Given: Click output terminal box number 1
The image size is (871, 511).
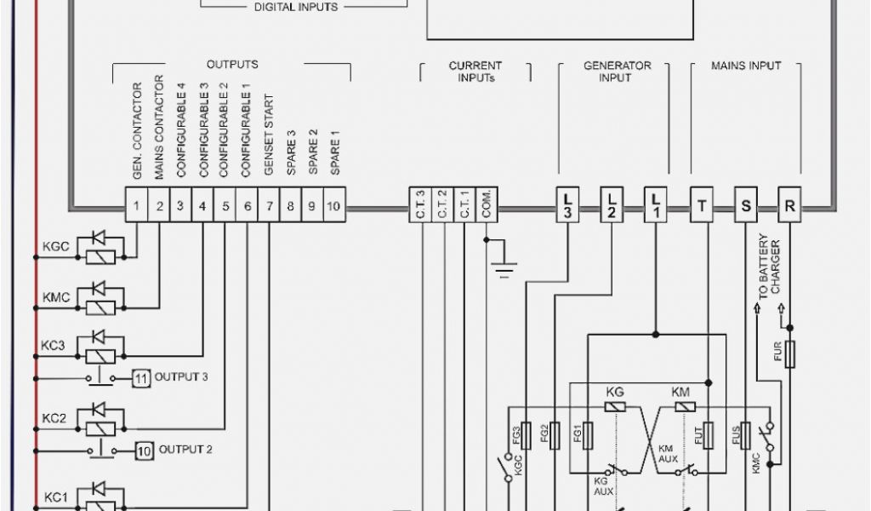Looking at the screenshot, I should (x=136, y=205).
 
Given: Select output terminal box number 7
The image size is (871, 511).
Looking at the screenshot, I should (x=269, y=205).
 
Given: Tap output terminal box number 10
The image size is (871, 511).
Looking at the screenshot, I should (x=334, y=205).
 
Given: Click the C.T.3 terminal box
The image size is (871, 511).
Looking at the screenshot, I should (x=421, y=204).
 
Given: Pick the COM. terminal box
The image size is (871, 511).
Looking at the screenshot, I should (x=486, y=204).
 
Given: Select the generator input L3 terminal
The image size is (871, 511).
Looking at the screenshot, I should (x=567, y=204).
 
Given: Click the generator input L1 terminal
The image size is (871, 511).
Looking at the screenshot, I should (x=656, y=204).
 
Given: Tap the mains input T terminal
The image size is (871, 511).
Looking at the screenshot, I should (x=702, y=204).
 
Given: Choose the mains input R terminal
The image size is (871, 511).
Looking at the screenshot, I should (x=790, y=204).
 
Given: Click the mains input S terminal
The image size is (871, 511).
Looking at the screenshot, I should (x=746, y=204).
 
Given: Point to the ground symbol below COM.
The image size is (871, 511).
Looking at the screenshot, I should (x=505, y=269).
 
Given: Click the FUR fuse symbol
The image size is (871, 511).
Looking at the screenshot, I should (x=790, y=353).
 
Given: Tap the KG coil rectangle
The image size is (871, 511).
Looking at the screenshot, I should (x=616, y=407).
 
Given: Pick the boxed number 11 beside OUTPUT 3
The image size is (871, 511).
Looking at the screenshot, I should (x=141, y=377).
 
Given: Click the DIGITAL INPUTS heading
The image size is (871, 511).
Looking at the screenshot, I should (x=296, y=7).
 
